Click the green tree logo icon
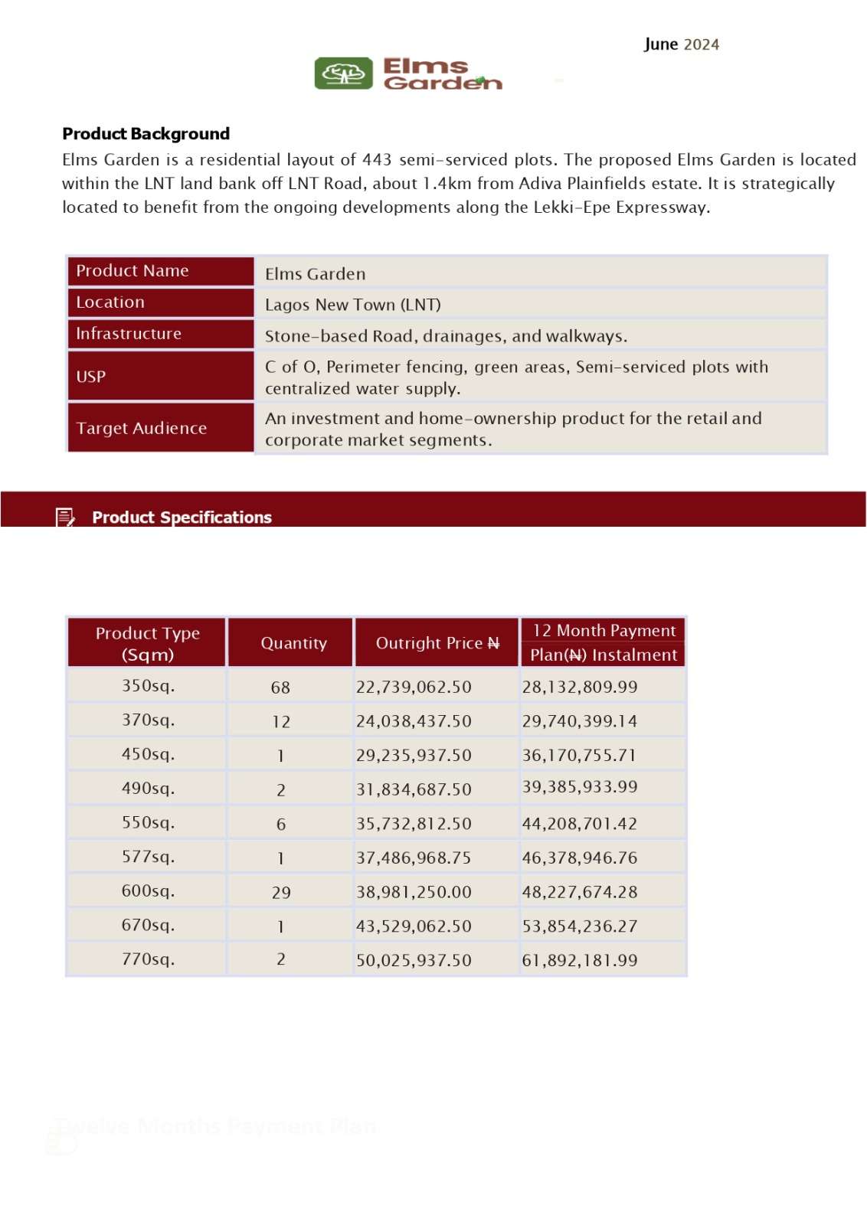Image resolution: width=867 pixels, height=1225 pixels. click(344, 73)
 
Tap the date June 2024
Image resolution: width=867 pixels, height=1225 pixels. click(681, 44)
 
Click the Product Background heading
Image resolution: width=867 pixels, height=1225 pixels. click(146, 134)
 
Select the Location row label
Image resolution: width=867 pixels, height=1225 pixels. click(110, 302)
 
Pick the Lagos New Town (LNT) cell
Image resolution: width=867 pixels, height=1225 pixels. click(352, 305)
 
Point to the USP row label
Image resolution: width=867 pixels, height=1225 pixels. click(91, 377)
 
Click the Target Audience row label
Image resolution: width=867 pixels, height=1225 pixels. click(142, 428)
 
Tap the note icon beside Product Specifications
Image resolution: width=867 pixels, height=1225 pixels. click(66, 518)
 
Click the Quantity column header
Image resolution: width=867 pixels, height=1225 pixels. click(293, 643)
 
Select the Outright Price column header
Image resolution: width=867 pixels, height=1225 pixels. click(437, 643)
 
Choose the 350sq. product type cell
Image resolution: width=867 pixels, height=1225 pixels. click(148, 686)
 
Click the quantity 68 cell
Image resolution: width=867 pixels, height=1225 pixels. click(280, 688)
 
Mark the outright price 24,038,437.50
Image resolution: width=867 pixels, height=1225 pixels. click(414, 721)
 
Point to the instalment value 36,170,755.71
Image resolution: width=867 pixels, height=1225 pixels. click(579, 755)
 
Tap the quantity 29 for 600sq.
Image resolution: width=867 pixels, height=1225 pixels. click(281, 893)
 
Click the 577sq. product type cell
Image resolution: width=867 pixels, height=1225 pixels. click(148, 857)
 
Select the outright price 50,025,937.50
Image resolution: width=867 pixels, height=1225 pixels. click(414, 960)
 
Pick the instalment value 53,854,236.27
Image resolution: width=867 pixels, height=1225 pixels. click(579, 926)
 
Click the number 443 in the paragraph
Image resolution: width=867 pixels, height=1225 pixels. click(377, 160)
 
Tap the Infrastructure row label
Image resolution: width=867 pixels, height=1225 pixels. click(129, 334)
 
